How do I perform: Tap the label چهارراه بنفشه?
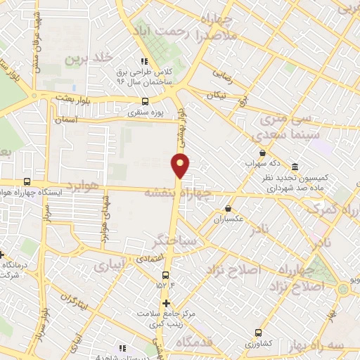pos(176,191)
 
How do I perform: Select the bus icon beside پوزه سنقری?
pos(146,101)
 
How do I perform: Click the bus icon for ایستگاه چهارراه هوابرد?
pos(27,181)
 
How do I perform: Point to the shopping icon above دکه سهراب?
pos(262,153)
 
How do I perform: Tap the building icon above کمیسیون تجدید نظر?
pos(293,167)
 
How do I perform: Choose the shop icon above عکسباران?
pos(229,208)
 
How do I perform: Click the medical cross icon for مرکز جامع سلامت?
pos(167,304)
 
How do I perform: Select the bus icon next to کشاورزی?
pos(259,333)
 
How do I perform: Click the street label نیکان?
pos(216,94)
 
